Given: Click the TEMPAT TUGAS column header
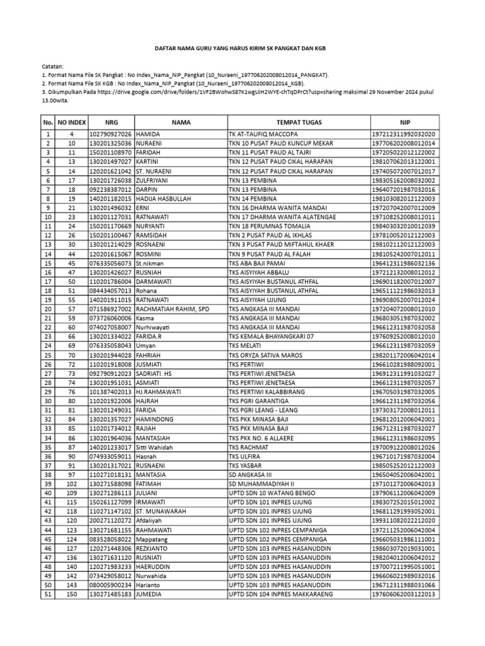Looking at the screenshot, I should coord(299,122).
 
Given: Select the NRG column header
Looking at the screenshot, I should coord(111,122).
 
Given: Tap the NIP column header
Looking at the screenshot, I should coord(405,122).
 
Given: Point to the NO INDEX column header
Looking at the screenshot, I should coord(71,122).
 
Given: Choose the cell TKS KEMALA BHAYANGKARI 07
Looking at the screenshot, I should coord(271,337).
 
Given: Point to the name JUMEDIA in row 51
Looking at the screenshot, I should coord(150,594).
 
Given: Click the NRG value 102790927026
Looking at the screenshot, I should coord(111,134).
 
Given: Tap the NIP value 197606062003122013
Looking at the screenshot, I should coord(405,594).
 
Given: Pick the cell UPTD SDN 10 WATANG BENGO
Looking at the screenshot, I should coord(271,493).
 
